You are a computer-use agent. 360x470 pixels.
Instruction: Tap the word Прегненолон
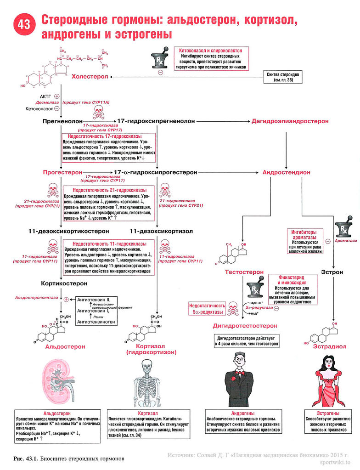point(62,121)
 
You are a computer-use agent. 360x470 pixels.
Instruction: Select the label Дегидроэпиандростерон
point(290,121)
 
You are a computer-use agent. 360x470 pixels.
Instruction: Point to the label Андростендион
point(286,172)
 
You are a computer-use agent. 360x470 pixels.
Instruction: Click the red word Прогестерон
point(62,172)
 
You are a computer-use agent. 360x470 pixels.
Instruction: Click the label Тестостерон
point(244,272)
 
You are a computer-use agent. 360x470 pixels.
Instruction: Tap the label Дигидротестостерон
point(245,325)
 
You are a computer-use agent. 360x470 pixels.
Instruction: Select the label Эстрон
point(332,272)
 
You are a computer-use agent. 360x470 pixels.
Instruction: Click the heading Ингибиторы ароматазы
point(304,234)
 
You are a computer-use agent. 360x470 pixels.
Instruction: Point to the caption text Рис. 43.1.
point(26,459)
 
